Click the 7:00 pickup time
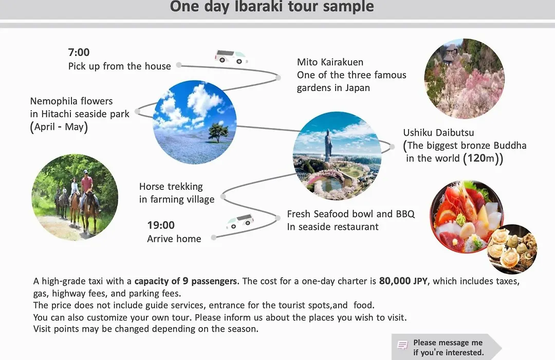click(79, 52)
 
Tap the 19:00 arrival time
click(161, 225)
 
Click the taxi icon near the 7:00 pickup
click(231, 57)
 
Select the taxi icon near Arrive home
click(240, 221)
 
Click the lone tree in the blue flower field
click(218, 132)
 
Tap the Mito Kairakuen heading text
click(330, 62)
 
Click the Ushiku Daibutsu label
click(438, 133)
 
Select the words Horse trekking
click(171, 187)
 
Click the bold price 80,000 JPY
click(403, 281)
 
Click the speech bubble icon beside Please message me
click(402, 345)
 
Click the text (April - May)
click(59, 127)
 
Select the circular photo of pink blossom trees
click(465, 78)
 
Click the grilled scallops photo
click(512, 249)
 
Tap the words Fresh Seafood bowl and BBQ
click(351, 214)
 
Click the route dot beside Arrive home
click(213, 238)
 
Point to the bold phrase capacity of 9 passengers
click(186, 281)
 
